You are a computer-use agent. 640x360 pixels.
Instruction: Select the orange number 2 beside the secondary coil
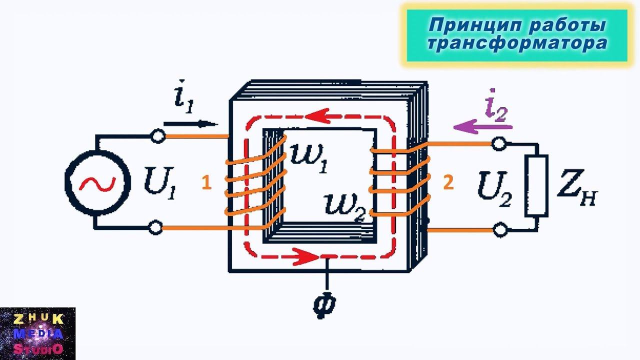pyautogui.click(x=448, y=183)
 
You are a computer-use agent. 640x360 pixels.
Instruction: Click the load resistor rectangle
pyautogui.click(x=536, y=185)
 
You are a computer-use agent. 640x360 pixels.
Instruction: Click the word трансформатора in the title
pyautogui.click(x=517, y=43)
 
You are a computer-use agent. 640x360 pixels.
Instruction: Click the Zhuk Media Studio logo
pyautogui.click(x=37, y=333)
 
